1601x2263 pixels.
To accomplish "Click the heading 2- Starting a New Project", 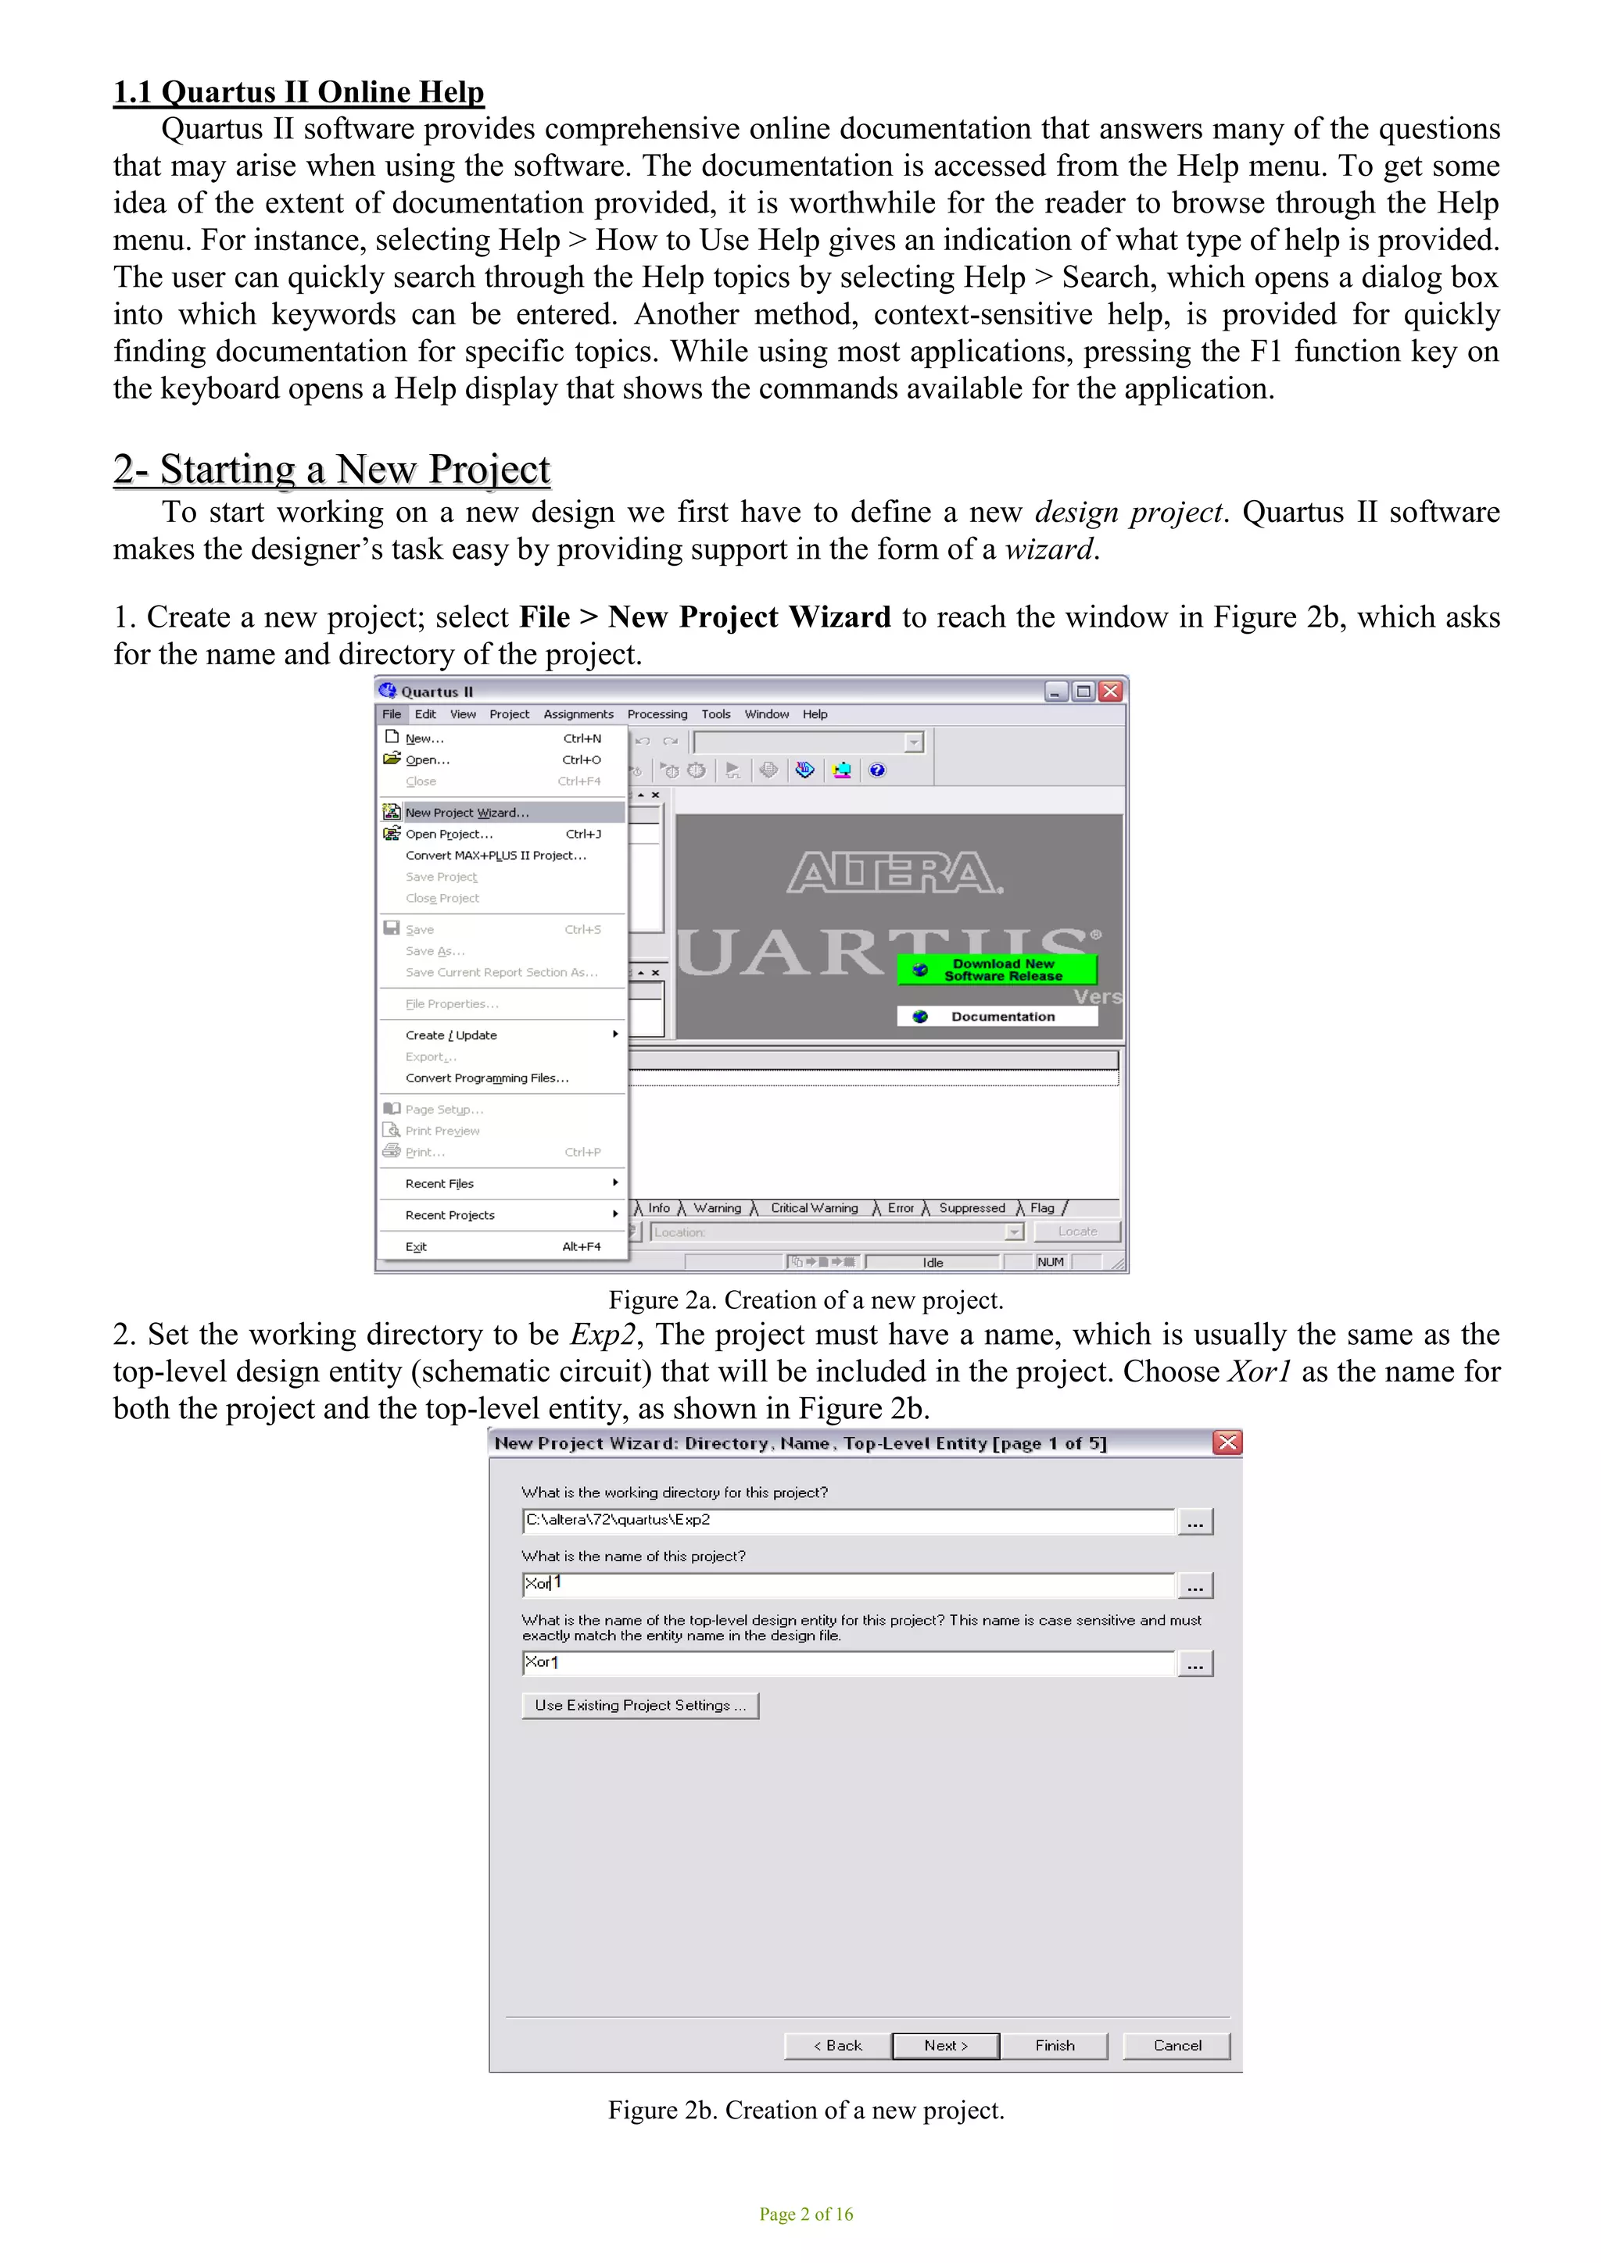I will [331, 469].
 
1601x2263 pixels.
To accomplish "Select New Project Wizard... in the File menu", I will [467, 812].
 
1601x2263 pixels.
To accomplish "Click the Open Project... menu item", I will [449, 834].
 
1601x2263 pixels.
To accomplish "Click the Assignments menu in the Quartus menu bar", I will [578, 713].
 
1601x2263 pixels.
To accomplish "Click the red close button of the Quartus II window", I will [1110, 691].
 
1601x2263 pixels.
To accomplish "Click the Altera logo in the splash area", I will [894, 874].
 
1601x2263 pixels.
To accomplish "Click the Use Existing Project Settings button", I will [639, 1705].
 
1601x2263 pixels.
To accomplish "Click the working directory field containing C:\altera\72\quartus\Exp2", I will [848, 1520].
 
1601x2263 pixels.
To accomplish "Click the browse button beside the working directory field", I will [1194, 1523].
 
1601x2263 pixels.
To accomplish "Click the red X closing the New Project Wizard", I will [1227, 1443].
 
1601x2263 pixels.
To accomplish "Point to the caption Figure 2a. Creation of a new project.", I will [805, 1300].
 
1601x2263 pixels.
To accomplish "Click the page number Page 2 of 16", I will [805, 2214].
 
